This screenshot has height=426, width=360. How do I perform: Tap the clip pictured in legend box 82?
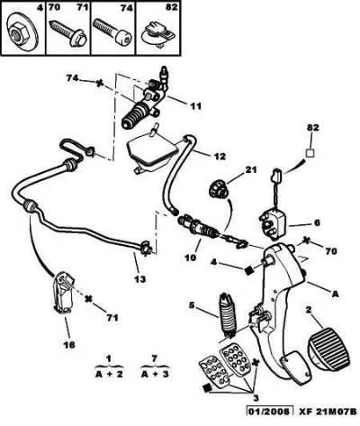click(x=157, y=34)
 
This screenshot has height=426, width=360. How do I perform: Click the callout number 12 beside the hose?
click(x=219, y=157)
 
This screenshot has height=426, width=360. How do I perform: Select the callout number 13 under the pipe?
click(x=139, y=279)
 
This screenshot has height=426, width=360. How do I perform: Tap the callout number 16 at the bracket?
click(x=68, y=345)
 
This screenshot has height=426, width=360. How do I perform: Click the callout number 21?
click(x=250, y=170)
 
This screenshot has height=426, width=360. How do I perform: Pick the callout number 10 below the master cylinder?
click(x=189, y=258)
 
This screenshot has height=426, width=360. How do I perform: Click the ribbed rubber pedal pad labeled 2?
click(x=328, y=349)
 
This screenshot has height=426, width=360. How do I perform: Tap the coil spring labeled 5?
click(x=229, y=313)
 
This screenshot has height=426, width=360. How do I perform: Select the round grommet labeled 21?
click(x=218, y=189)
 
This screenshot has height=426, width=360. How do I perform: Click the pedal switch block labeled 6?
click(x=273, y=223)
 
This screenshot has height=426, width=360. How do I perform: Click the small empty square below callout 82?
click(x=310, y=153)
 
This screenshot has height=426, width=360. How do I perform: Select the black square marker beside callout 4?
click(x=248, y=271)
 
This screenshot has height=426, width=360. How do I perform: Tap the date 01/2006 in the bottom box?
click(x=270, y=419)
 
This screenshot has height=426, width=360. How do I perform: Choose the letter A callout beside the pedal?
click(x=335, y=295)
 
